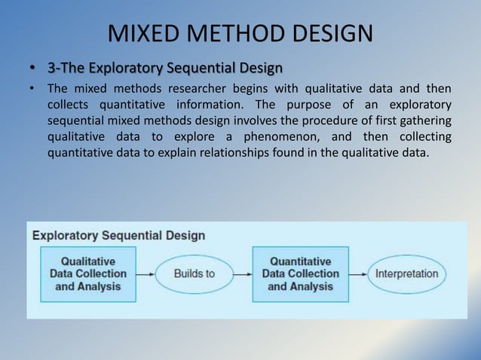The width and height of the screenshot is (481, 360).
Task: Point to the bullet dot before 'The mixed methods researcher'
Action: [32, 90]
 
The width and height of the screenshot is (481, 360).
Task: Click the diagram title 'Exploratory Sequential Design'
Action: [118, 235]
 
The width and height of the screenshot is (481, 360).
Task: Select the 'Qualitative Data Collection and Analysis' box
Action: [88, 274]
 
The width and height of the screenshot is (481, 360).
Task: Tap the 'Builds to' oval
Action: [194, 274]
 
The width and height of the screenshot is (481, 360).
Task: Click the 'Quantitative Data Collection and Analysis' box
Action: [300, 274]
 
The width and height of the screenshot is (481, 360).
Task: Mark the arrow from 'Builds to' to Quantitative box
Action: [242, 274]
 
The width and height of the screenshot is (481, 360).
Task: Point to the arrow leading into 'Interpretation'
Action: [359, 274]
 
